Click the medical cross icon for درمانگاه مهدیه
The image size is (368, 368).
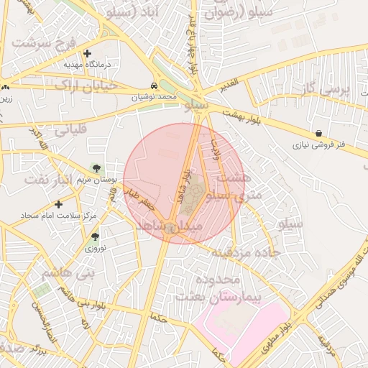point(88,53)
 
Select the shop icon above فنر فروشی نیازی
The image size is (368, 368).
point(318,133)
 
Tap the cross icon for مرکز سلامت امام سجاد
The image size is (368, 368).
point(59,204)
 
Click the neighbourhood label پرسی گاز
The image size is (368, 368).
point(324,89)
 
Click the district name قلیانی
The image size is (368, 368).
point(70,130)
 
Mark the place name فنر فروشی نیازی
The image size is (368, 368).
point(318,144)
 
